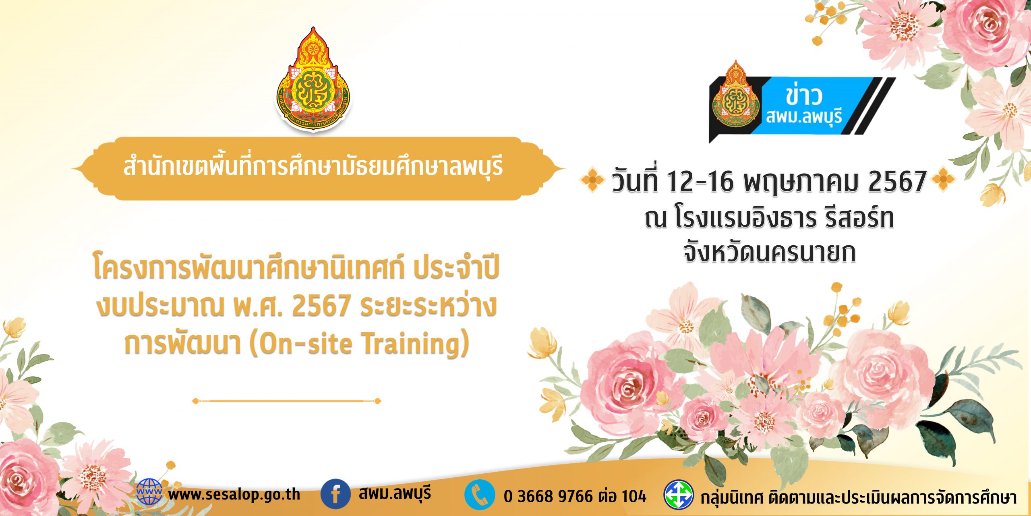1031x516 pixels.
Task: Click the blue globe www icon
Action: [149, 492]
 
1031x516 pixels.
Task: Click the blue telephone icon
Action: [479, 494]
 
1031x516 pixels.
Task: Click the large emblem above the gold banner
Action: [313, 79]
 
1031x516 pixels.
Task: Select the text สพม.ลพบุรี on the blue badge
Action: [804, 117]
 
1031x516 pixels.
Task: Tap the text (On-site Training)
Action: [360, 343]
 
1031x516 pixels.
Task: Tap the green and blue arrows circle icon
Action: [679, 494]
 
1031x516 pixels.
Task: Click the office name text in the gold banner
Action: [313, 166]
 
